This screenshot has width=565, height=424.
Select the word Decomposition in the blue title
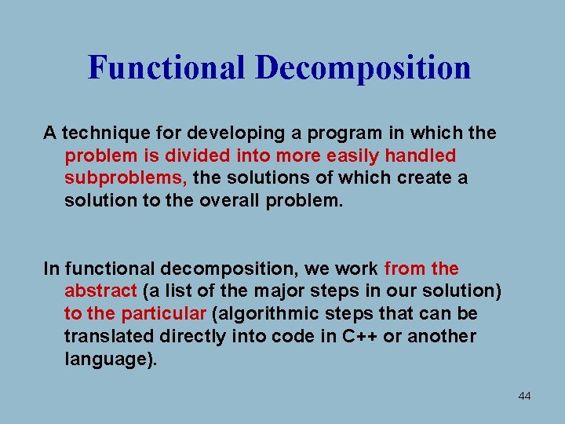[x=363, y=68]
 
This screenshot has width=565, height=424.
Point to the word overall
[x=231, y=200]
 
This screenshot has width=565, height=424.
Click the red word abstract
[x=100, y=291]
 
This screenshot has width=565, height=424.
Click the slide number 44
[x=524, y=397]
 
